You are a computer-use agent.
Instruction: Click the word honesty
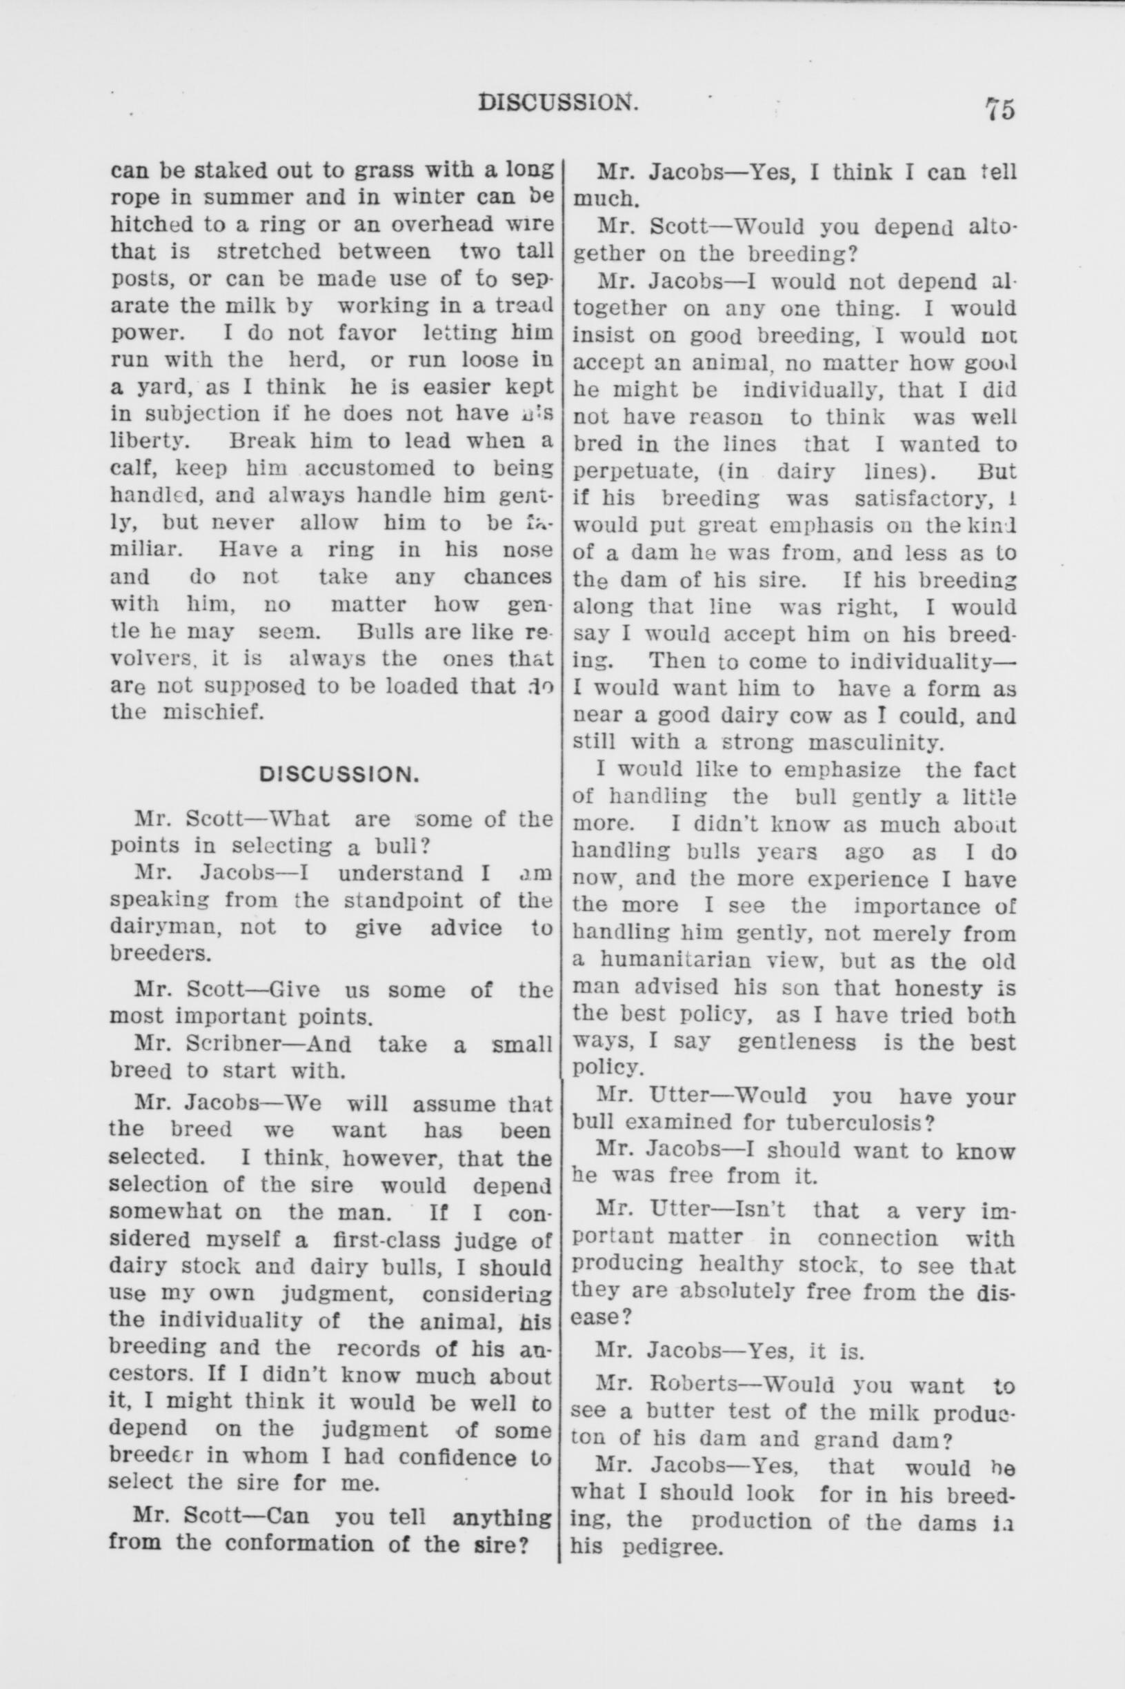935,989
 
